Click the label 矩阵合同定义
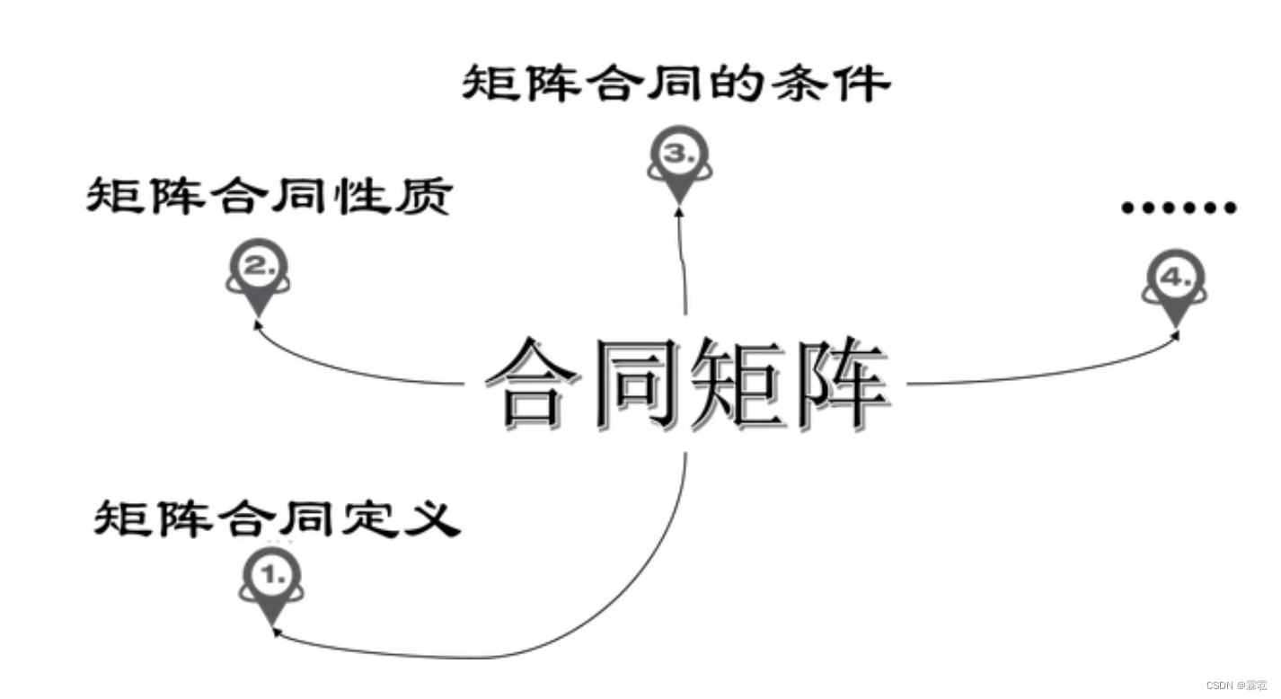coord(277,519)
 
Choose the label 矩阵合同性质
coord(269,195)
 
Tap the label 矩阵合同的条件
coord(676,84)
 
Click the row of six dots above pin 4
coord(1179,208)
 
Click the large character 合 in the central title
coord(537,385)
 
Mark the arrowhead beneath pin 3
coord(679,211)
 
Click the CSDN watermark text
coord(1236,685)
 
